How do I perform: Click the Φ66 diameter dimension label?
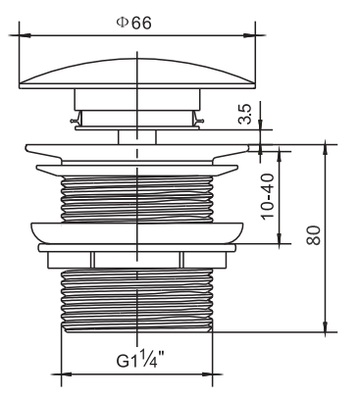pyautogui.click(x=134, y=24)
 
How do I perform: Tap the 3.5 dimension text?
pyautogui.click(x=245, y=114)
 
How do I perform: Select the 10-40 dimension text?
pyautogui.click(x=268, y=196)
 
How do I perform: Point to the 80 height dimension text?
pyautogui.click(x=314, y=235)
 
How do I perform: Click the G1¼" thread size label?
pyautogui.click(x=140, y=359)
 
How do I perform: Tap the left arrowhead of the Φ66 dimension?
pyautogui.click(x=25, y=35)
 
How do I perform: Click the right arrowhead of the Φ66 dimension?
pyautogui.click(x=249, y=35)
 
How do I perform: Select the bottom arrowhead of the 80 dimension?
pyautogui.click(x=326, y=326)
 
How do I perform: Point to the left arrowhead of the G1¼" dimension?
pyautogui.click(x=67, y=374)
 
